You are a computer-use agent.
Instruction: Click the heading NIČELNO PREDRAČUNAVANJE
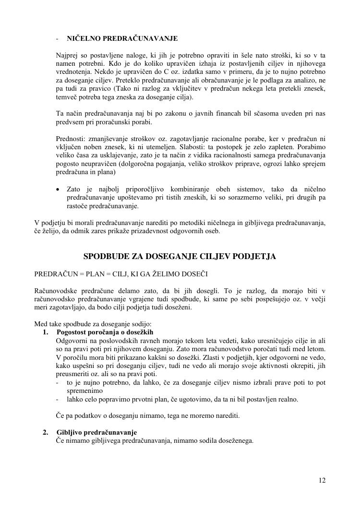tap(122, 38)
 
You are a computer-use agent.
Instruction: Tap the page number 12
tap(322, 480)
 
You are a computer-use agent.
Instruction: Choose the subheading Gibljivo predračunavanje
tap(96, 432)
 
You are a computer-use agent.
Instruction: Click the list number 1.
tap(46, 332)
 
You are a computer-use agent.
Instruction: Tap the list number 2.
tap(46, 432)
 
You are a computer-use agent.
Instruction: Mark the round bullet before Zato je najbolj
tap(58, 189)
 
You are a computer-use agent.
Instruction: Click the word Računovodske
tap(57, 291)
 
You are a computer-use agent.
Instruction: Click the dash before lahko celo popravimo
tap(58, 399)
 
